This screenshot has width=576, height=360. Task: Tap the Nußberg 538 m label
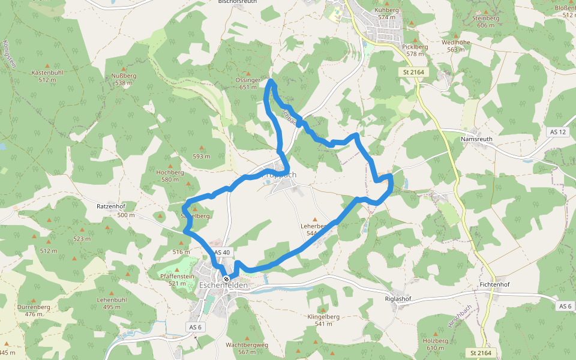point(124,79)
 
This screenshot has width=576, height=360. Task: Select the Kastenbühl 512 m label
point(47,76)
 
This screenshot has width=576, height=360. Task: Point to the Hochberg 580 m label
point(170,175)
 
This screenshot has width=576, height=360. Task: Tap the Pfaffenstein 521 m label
point(177,279)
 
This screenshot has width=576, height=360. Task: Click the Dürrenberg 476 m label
point(34,310)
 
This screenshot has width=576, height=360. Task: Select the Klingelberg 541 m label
point(323,320)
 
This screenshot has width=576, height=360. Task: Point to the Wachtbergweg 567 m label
point(247,349)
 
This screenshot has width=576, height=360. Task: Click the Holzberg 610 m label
point(436,344)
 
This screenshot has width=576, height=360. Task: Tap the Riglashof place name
point(397,298)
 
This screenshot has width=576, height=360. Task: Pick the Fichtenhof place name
point(494,284)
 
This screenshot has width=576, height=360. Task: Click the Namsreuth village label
point(476,139)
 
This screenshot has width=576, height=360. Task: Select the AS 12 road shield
point(557,131)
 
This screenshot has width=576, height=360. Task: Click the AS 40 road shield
point(221,253)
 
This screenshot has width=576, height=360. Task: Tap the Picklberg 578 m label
point(415,50)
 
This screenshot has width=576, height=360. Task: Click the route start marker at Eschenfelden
point(226,280)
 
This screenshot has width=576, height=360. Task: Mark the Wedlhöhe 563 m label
point(455,46)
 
